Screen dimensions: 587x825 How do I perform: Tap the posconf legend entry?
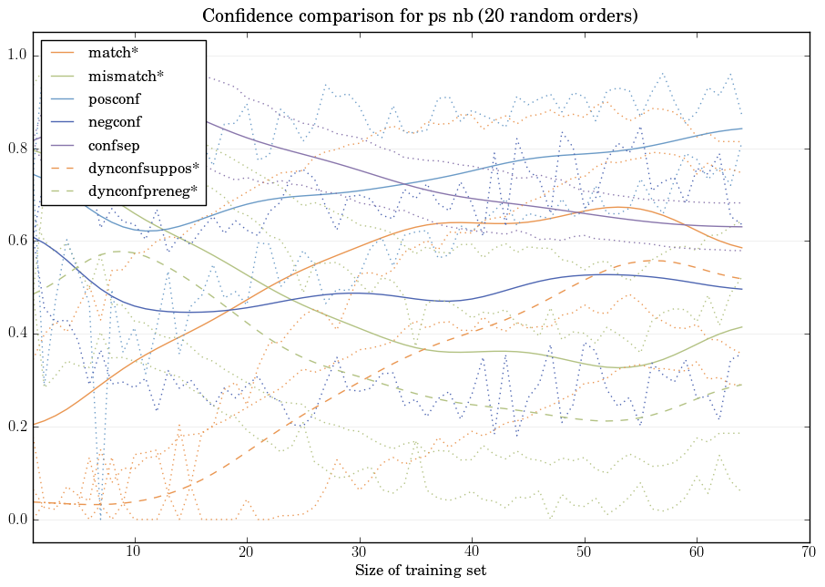(x=114, y=98)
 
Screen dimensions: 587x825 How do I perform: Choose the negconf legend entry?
(x=115, y=121)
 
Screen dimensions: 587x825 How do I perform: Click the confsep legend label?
(x=113, y=144)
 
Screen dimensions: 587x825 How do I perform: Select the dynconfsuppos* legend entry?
(x=143, y=168)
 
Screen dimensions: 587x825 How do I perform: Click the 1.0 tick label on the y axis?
(x=17, y=57)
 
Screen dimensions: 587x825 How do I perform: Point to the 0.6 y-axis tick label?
(x=17, y=242)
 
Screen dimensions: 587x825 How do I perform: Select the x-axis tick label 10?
(x=134, y=552)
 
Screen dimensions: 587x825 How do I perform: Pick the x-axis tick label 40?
(x=472, y=552)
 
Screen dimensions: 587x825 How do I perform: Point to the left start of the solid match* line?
(x=34, y=425)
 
